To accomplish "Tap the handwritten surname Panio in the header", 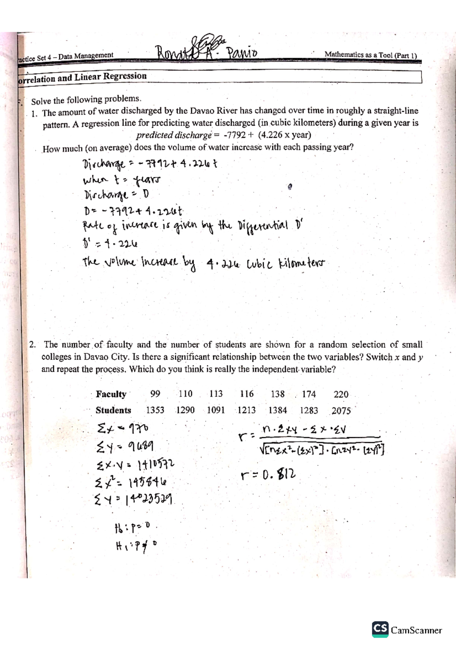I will tap(242, 52).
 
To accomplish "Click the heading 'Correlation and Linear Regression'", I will tap(82, 77).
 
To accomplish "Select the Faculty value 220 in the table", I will tap(341, 394).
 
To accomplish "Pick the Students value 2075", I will tap(341, 411).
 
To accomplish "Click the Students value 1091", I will tap(216, 410).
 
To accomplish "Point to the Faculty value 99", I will tap(155, 394).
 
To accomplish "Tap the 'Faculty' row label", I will tap(111, 394).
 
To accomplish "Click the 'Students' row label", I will tap(113, 410).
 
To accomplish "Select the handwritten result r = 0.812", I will tap(268, 474).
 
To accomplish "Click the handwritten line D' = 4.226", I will tap(110, 243).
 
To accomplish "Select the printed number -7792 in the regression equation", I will tap(234, 135).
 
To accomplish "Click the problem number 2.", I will tap(33, 345).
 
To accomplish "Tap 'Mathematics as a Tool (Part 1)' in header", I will tap(370, 55).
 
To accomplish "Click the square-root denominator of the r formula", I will tap(322, 451).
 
